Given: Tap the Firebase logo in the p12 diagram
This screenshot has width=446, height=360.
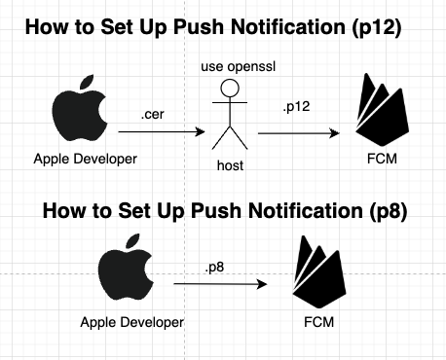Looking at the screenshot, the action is click(x=382, y=109).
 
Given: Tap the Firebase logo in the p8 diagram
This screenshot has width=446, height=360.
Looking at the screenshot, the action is click(x=319, y=271).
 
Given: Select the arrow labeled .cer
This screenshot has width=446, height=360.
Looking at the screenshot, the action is click(x=162, y=131).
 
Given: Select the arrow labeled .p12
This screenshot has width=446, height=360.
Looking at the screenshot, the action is click(x=299, y=133).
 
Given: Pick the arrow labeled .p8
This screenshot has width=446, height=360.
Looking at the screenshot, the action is click(x=220, y=284).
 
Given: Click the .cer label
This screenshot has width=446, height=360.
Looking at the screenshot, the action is click(x=153, y=115).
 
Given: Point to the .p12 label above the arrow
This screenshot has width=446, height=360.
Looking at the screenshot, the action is click(x=296, y=107).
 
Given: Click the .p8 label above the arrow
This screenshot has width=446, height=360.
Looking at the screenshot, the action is click(x=214, y=268).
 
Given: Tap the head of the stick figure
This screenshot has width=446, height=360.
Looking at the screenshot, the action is click(x=230, y=88).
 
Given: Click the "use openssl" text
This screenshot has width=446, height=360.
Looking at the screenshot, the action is click(x=239, y=66).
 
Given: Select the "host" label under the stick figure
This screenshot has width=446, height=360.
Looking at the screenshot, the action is click(x=230, y=165).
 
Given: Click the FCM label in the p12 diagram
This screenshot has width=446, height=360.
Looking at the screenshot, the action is click(x=382, y=159).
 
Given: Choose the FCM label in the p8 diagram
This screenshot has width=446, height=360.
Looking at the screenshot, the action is click(x=318, y=322).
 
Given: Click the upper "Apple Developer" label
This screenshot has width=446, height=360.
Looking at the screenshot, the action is click(x=86, y=160).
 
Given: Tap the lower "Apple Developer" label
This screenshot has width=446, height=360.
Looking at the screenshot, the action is click(x=132, y=323).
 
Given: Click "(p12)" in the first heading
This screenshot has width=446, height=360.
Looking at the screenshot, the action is click(x=377, y=27).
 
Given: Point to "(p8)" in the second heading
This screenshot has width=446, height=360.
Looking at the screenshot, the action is click(x=388, y=211).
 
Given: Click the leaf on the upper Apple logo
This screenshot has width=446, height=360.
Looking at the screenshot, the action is click(x=87, y=82).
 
